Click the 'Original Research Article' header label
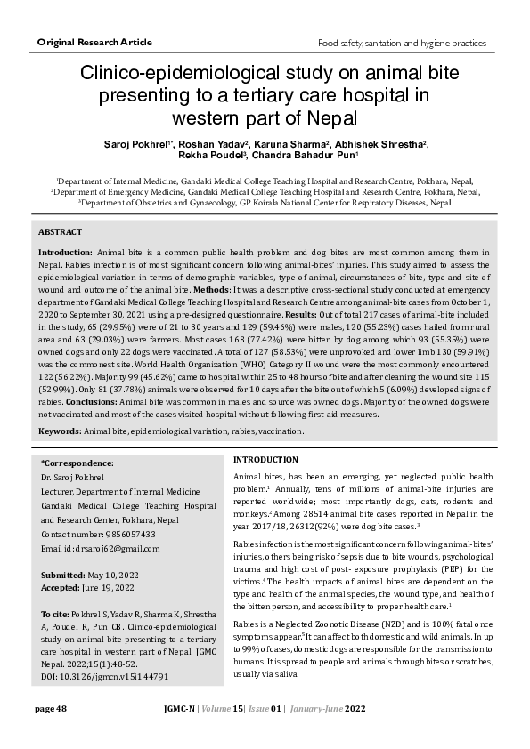[x=94, y=43]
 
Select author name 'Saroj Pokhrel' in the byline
[x=137, y=143]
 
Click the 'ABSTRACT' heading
[x=61, y=231]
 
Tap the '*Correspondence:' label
[x=77, y=463]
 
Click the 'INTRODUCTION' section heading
[x=265, y=459]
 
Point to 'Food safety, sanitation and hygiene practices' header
[x=402, y=44]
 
